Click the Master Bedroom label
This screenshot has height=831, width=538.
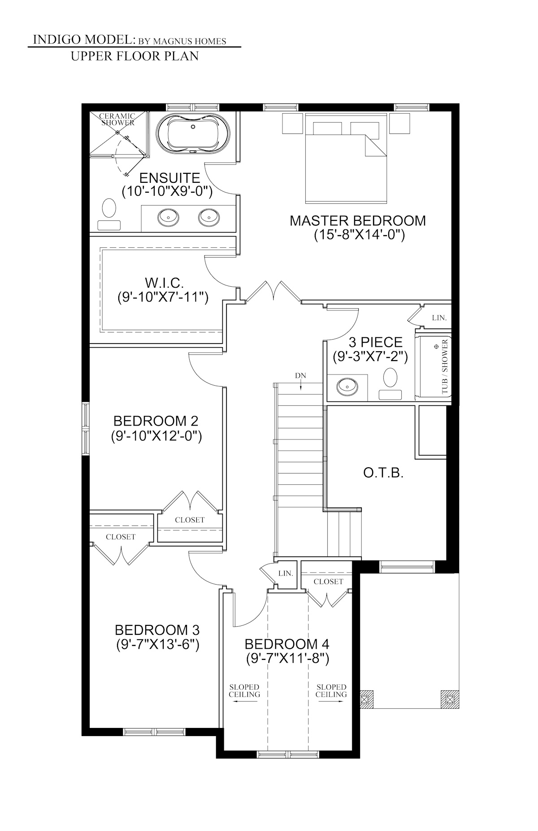tap(357, 220)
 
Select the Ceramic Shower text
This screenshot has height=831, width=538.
tap(117, 120)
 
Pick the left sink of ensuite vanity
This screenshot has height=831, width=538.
tap(168, 217)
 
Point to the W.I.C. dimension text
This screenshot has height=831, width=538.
tap(163, 297)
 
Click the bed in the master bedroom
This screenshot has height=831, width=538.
tap(346, 161)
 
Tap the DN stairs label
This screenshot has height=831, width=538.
tap(300, 375)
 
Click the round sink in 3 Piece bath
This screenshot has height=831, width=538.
tap(347, 385)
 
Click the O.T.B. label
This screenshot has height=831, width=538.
tap(383, 473)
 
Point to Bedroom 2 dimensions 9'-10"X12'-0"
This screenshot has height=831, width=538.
tap(156, 436)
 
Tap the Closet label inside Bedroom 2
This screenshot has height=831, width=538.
tap(190, 520)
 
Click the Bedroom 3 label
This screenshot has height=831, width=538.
tap(157, 630)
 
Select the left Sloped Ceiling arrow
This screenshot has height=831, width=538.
tap(244, 702)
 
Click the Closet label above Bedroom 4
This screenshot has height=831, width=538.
tap(328, 581)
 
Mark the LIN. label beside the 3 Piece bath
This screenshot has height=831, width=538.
tap(439, 318)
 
